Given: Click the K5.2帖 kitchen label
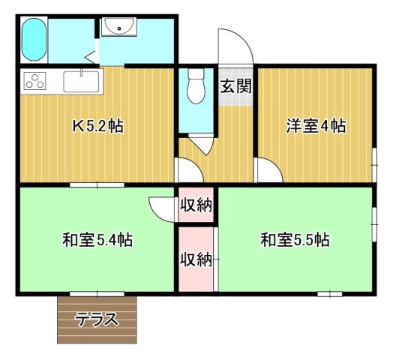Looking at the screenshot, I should (98, 127).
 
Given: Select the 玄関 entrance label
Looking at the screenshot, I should (235, 85).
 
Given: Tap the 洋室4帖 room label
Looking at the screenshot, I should (316, 126).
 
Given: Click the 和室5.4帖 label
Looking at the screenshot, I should (97, 241).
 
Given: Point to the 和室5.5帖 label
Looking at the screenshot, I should (295, 241).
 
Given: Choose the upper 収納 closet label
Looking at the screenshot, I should (196, 205).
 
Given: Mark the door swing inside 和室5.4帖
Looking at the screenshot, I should (162, 207).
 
